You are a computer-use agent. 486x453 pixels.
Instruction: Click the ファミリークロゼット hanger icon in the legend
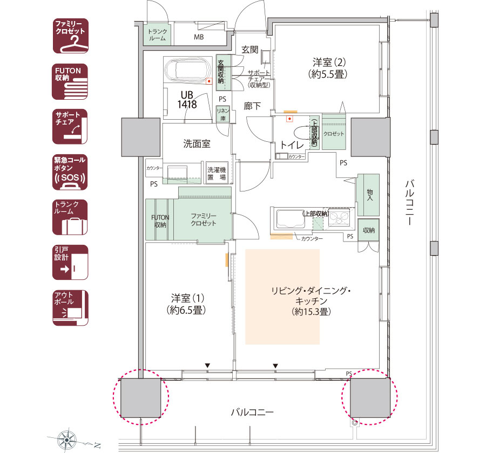(70, 36)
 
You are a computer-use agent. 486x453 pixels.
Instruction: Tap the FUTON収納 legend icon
(70, 82)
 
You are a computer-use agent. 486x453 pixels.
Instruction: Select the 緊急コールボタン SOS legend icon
(70, 173)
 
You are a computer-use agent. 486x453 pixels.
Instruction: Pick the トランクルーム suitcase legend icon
(70, 217)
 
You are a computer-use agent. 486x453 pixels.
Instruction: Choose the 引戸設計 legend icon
(70, 262)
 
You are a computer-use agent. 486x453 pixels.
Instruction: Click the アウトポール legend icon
(70, 308)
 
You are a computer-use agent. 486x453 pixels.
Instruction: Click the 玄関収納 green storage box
(221, 72)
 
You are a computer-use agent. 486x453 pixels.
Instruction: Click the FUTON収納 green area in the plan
(159, 220)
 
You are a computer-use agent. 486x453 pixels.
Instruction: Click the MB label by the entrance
(199, 38)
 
